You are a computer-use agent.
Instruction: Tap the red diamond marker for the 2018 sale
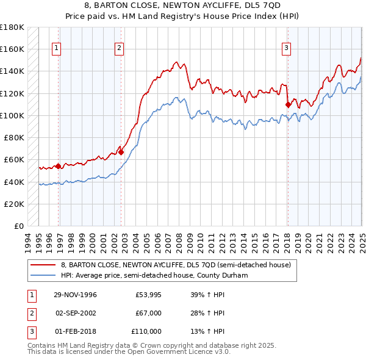pos(288,104)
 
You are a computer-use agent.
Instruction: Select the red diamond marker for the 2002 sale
pos(121,152)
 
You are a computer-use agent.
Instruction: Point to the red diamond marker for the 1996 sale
pos(58,166)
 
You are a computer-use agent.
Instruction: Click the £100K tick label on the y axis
pos(12,115)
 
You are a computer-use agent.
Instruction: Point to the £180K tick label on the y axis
pos(12,27)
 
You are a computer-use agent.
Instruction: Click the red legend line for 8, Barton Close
pos(43,265)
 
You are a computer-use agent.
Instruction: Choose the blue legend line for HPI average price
pos(43,275)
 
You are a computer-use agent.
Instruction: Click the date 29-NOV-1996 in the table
pos(75,295)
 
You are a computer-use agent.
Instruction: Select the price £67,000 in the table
pos(148,314)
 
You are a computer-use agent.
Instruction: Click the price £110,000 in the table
pos(146,331)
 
